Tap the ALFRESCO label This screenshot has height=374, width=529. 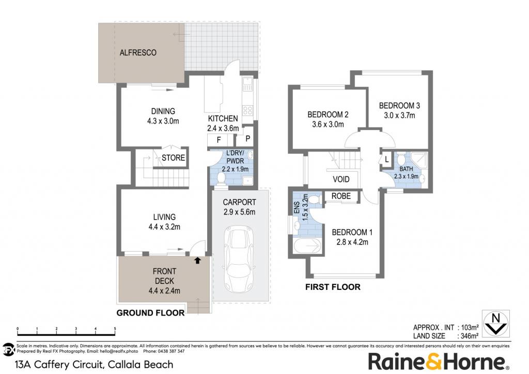tap(138, 53)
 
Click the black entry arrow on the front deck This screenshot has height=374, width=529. tap(197, 260)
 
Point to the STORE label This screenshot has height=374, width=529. tap(173, 158)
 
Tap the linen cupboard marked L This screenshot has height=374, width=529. tap(386, 159)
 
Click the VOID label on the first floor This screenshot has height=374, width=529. tap(341, 179)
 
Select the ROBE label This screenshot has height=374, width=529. tap(341, 196)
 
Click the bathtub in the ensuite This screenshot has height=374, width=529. tap(307, 246)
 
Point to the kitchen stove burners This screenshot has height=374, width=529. tap(248, 110)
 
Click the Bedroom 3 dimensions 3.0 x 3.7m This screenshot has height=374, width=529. tap(399, 115)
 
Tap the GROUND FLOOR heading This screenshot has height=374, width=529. tap(150, 313)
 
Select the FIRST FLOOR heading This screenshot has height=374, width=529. tap(333, 287)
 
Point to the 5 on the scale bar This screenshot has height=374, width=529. tap(115, 329)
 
